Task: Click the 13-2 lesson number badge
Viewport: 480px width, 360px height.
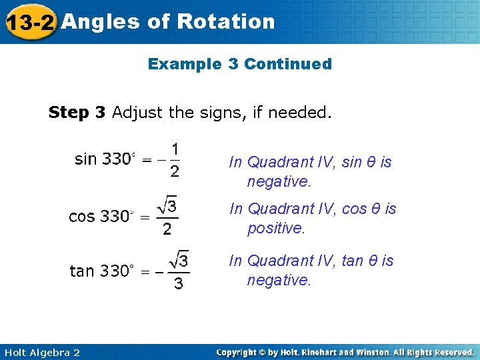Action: [29, 22]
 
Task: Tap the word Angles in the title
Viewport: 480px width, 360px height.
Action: [100, 21]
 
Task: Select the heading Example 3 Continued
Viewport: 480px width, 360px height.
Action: [239, 64]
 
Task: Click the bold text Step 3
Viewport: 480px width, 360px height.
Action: [77, 112]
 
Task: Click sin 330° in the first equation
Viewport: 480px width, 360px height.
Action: [104, 159]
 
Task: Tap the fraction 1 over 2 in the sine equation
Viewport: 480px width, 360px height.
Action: [174, 160]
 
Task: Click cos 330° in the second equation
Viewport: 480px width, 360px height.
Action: [101, 217]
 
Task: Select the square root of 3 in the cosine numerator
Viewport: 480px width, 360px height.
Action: [167, 207]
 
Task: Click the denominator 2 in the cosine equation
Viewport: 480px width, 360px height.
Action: [167, 230]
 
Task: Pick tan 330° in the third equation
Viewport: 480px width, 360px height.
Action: [102, 271]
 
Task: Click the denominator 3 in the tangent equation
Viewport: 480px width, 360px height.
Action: [178, 285]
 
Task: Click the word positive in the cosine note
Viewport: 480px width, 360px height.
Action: [275, 228]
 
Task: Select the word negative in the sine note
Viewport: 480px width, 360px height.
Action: [279, 181]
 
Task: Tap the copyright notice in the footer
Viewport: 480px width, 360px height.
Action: [345, 352]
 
